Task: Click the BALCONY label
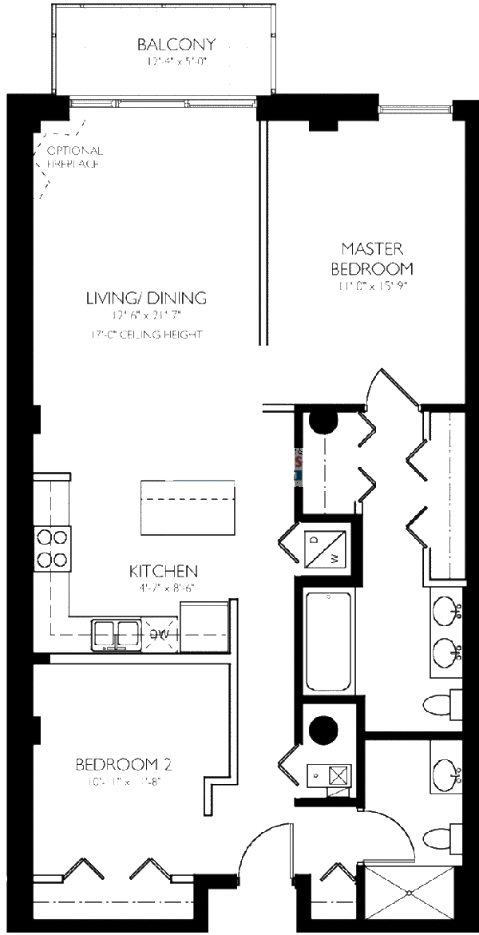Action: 165,45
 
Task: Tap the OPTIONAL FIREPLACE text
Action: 73,156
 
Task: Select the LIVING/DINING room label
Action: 146,298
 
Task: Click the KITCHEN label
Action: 163,571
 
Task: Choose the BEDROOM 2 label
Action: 124,765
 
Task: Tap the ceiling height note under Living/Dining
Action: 146,334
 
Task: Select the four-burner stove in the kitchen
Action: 52,547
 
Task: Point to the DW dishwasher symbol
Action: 160,634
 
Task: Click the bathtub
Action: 328,642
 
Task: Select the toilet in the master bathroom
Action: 441,704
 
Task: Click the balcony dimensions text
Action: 164,61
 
